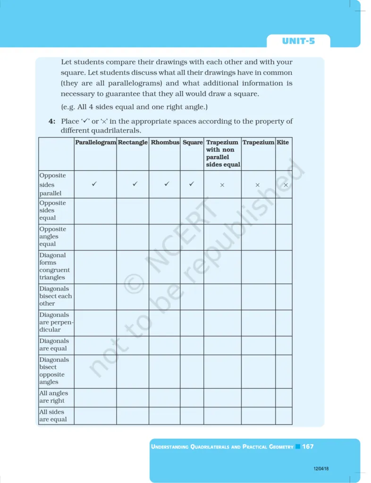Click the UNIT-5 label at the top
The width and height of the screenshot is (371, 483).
[x=298, y=41]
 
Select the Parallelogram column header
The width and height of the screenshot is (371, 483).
[x=95, y=142]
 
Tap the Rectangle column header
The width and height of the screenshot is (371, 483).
[x=133, y=142]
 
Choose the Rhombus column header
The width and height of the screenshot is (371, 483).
[x=165, y=142]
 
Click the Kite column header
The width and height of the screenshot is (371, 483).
[x=283, y=142]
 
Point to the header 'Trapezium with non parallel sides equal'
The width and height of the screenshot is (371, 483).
[x=223, y=153]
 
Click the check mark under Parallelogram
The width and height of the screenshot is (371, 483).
[x=95, y=184]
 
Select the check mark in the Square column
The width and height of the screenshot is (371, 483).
[x=192, y=184]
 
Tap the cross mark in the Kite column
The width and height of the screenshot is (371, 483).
[x=286, y=185]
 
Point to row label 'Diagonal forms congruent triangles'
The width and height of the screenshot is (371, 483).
[x=54, y=266]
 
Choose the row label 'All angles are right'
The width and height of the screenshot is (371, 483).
[x=53, y=397]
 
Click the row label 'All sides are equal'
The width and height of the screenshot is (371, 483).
[x=53, y=416]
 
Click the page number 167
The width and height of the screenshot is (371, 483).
[x=308, y=446]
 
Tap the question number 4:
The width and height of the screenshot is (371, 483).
[x=52, y=122]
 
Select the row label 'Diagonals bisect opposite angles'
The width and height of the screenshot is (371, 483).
[x=52, y=371]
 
